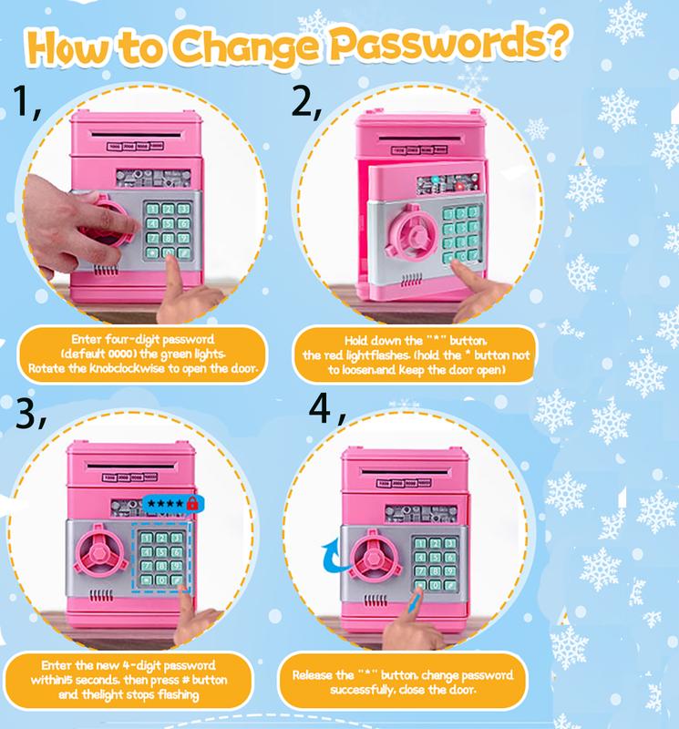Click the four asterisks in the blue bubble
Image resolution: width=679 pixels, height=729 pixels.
click(x=163, y=503)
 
